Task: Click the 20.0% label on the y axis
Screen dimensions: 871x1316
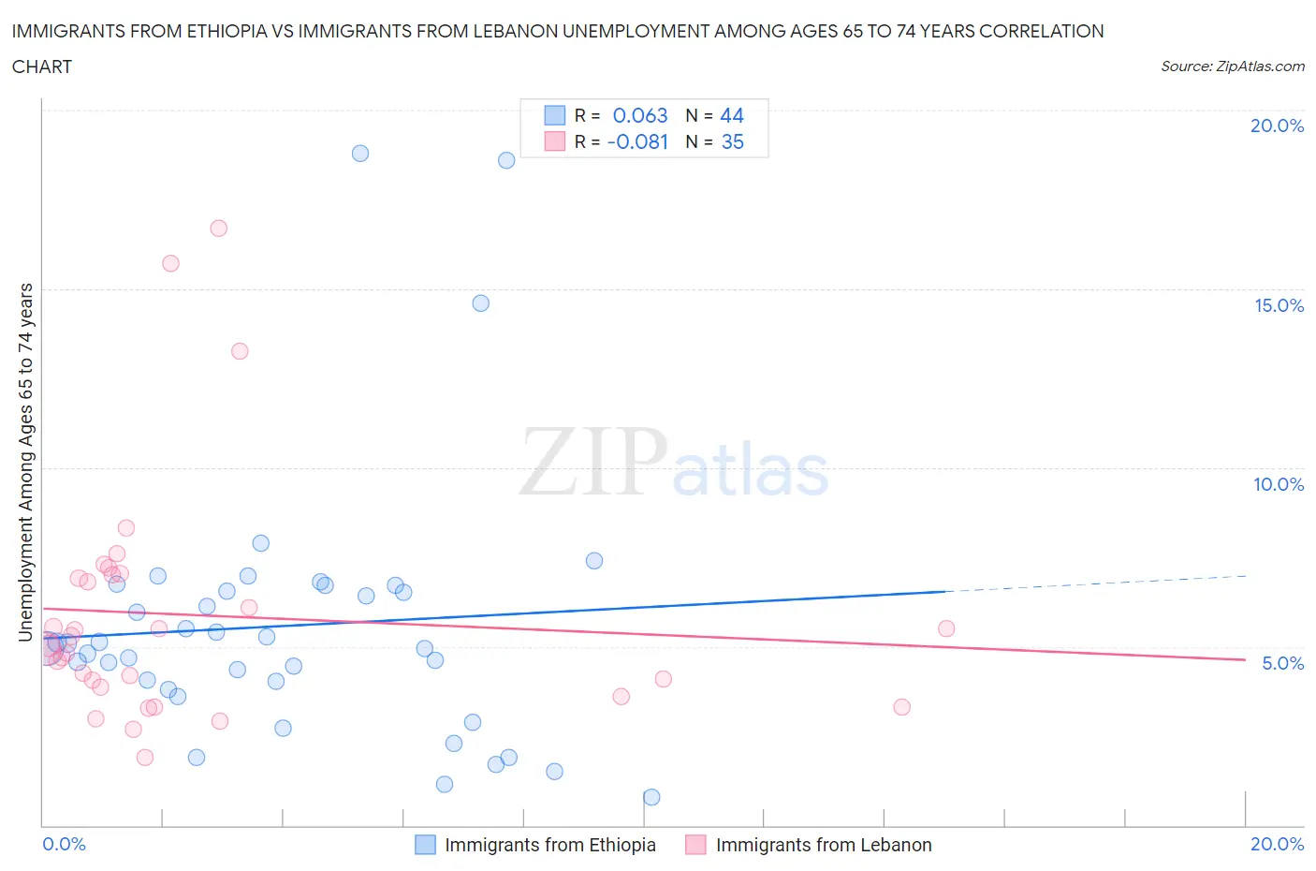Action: pyautogui.click(x=1277, y=125)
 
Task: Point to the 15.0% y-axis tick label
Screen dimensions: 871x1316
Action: pyautogui.click(x=1279, y=305)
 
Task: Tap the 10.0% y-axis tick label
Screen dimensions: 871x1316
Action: pyautogui.click(x=1279, y=484)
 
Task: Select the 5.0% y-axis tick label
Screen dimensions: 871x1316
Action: pyautogui.click(x=1282, y=663)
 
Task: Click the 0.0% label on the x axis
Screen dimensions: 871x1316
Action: pyautogui.click(x=64, y=844)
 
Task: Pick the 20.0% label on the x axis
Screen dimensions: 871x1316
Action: pyautogui.click(x=1277, y=844)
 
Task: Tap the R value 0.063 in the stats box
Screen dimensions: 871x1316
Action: pyautogui.click(x=640, y=115)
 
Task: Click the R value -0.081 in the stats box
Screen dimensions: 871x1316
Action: pyautogui.click(x=637, y=141)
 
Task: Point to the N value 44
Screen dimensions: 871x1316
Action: pyautogui.click(x=732, y=115)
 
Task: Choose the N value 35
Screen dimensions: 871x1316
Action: pyautogui.click(x=732, y=141)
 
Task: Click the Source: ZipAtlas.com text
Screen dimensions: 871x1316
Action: pyautogui.click(x=1232, y=66)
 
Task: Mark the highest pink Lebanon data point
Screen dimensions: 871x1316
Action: pyautogui.click(x=219, y=228)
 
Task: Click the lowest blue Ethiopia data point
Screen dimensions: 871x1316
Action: pyautogui.click(x=651, y=797)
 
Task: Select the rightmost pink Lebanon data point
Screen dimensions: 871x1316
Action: pyautogui.click(x=946, y=628)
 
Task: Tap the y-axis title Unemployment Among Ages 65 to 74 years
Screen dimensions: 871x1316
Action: pyautogui.click(x=25, y=462)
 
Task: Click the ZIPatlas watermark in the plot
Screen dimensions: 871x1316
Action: pyautogui.click(x=674, y=463)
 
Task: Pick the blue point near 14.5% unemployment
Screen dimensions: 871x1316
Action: pyautogui.click(x=481, y=303)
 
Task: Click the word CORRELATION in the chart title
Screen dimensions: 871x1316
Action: pyautogui.click(x=1042, y=31)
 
